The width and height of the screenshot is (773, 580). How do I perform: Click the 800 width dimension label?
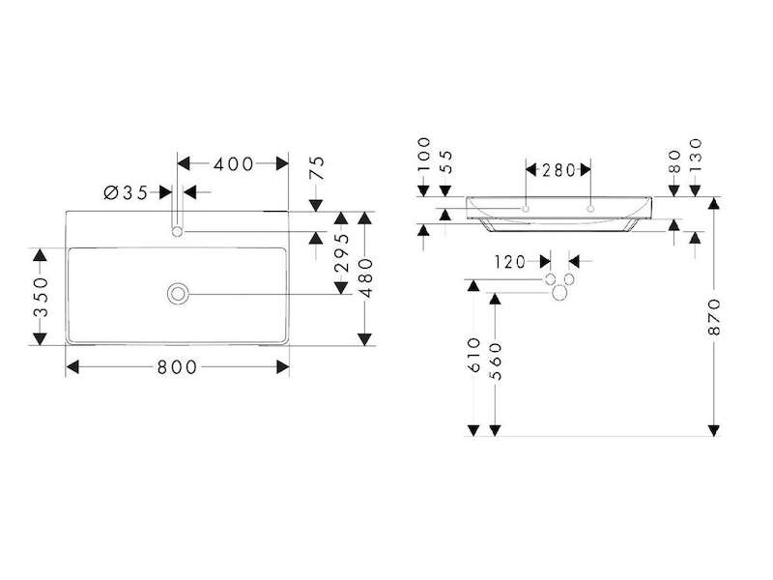point(177,367)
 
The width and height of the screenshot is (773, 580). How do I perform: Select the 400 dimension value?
point(234,163)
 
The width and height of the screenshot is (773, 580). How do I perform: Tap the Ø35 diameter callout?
point(126,192)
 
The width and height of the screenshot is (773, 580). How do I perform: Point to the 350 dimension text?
point(41,297)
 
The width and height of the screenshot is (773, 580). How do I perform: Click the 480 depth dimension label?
point(366,278)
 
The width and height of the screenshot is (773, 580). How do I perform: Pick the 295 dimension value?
point(341,252)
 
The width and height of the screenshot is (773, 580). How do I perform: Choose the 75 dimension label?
point(318,168)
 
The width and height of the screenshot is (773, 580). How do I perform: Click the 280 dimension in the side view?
point(558,171)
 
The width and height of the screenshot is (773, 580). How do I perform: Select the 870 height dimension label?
point(714,317)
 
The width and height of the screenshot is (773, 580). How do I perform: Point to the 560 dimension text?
point(496,362)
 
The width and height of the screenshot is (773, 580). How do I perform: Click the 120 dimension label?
point(511,262)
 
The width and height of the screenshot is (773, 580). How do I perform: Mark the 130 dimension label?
point(695,156)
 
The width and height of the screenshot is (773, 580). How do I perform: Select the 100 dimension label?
point(423,155)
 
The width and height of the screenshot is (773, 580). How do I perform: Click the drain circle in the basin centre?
point(178,294)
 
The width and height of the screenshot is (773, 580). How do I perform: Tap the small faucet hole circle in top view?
point(178,231)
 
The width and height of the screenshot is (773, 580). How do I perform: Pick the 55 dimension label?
point(445,161)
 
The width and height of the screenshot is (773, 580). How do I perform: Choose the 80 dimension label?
point(673,161)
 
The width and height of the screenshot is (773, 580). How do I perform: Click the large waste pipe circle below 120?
point(559,293)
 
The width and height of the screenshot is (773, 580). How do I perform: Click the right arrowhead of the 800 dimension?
point(282,367)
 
